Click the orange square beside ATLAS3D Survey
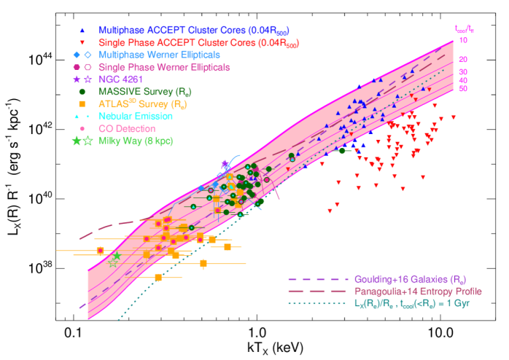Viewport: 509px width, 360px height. click(82, 103)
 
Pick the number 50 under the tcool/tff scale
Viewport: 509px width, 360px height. click(464, 89)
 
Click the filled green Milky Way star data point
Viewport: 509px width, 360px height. click(117, 256)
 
